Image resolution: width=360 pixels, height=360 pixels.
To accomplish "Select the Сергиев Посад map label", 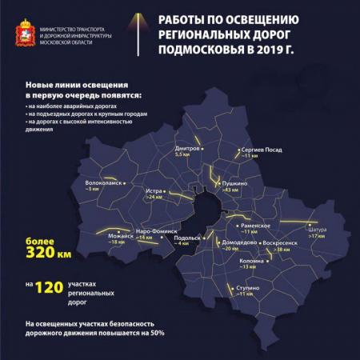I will [x=262, y=150].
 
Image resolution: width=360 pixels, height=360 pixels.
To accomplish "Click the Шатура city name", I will [x=316, y=230].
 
